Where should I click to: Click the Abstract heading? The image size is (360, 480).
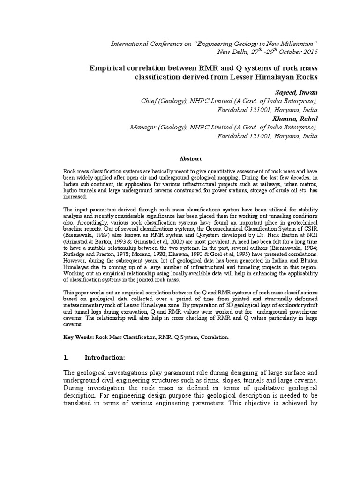pos(189,159)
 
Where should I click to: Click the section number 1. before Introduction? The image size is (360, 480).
pos(66,357)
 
